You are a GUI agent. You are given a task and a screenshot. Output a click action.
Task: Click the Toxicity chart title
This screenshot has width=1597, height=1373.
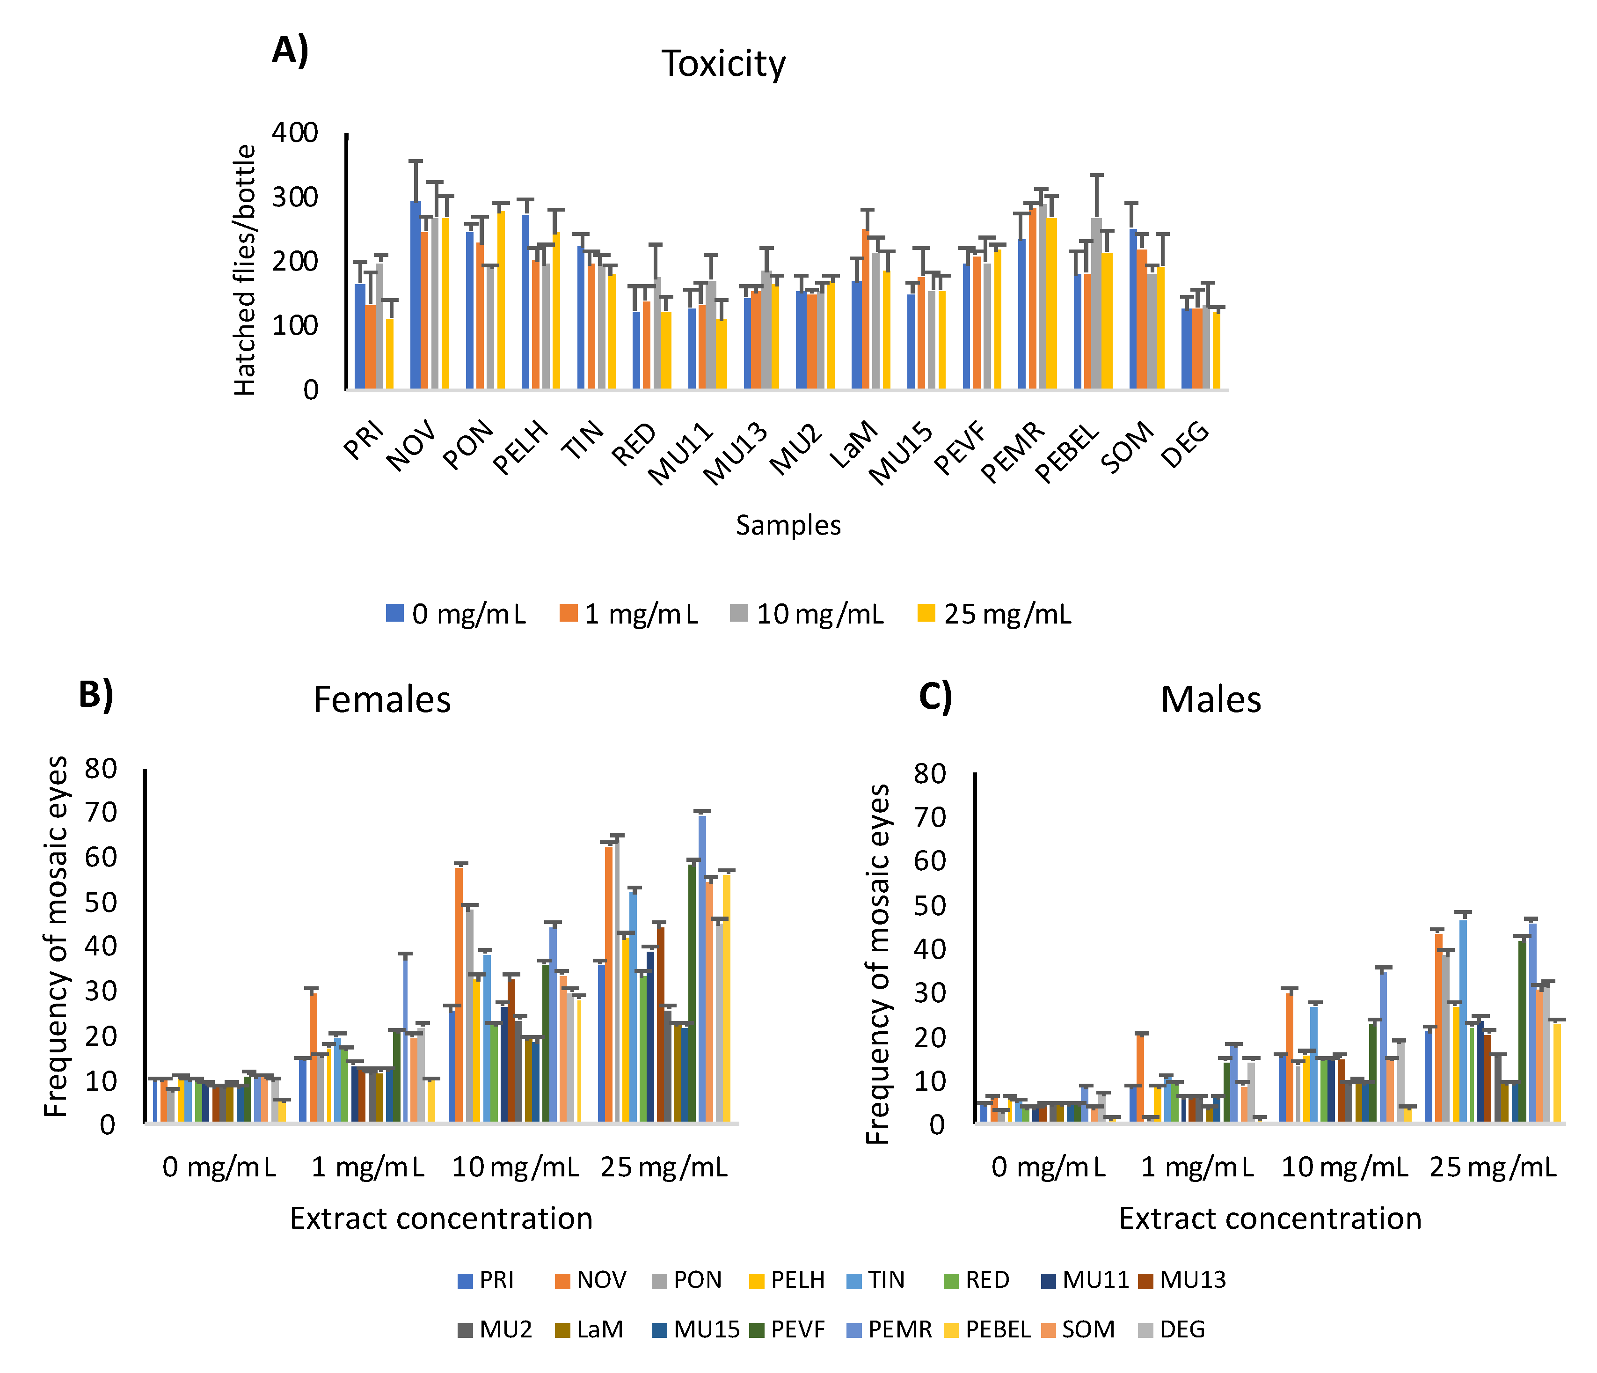pos(723,64)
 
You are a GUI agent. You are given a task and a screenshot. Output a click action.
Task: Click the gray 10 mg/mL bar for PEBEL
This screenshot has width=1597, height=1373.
pos(1096,304)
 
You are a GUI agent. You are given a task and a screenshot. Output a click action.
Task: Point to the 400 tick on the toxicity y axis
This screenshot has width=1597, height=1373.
pos(294,132)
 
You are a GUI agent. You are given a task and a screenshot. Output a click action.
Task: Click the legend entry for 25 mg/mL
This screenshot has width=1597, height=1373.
pos(994,615)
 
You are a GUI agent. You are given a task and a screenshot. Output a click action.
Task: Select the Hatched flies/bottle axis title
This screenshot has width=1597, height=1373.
pos(245,270)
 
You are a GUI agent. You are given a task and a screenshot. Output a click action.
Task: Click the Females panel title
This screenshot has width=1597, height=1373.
pos(381,700)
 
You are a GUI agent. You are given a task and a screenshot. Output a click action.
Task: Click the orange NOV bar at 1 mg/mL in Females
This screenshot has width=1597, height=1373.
pos(313,1056)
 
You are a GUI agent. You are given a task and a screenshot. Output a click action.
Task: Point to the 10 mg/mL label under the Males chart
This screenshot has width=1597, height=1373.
pos(1344,1167)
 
